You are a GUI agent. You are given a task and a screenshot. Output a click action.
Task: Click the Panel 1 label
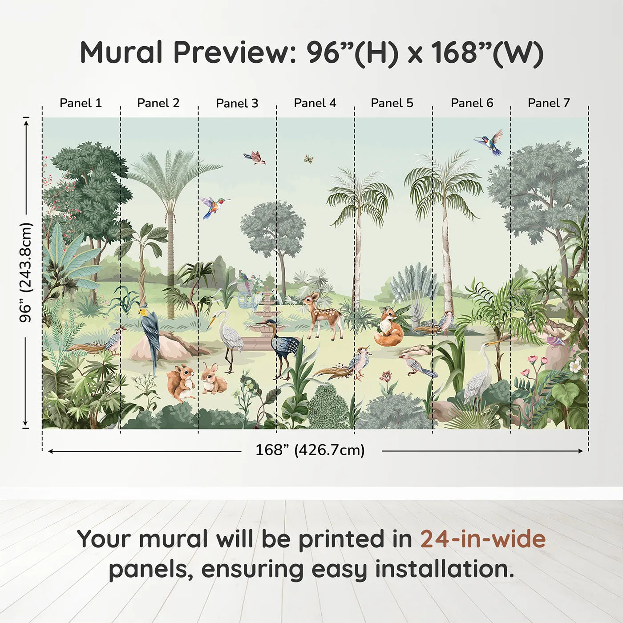pos(81,103)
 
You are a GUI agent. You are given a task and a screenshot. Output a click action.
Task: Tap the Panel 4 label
pos(315,103)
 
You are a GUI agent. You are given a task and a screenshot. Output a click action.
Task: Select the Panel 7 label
pos(549,103)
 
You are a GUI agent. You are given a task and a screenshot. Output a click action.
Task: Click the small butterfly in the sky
pos(308,158)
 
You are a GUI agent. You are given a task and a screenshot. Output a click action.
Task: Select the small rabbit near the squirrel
pos(212,379)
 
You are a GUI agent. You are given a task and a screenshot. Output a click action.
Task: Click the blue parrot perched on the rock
pos(150,332)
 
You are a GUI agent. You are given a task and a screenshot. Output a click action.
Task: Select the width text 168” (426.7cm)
pos(310,450)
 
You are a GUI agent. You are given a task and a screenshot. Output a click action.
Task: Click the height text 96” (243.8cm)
pos(26,272)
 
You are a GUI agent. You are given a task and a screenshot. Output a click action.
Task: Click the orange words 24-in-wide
pos(483,539)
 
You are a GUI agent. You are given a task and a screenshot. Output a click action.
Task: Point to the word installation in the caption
pos(444,569)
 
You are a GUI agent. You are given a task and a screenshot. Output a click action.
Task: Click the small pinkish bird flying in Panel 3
pos(255,157)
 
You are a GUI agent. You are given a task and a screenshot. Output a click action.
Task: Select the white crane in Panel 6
pos(481,374)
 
